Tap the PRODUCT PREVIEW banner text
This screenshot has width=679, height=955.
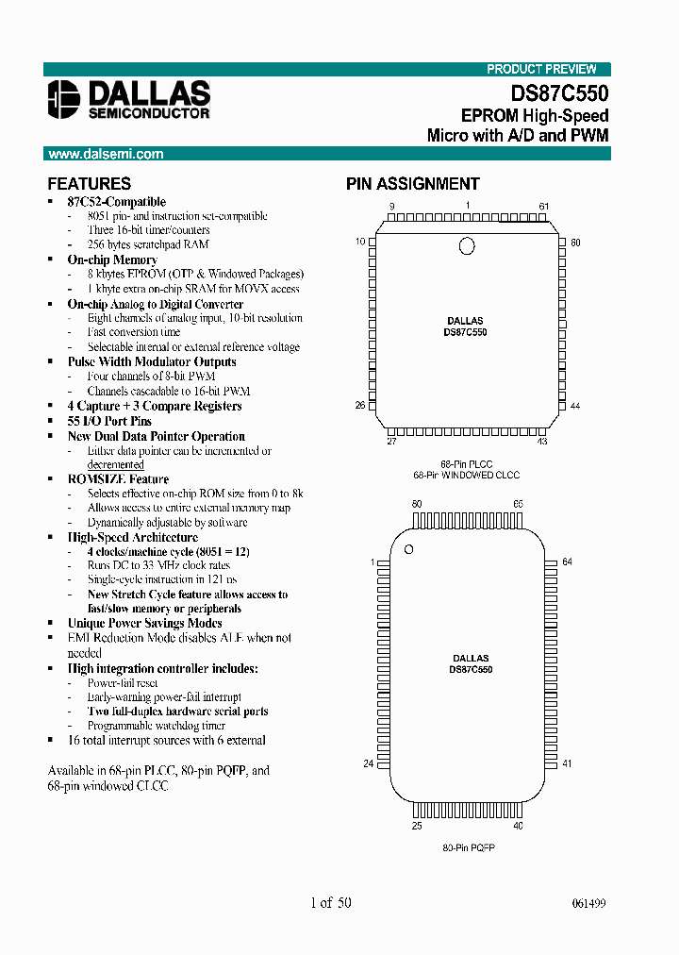[x=541, y=69]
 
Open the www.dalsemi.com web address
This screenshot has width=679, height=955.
[x=105, y=154]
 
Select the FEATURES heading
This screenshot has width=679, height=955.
[x=89, y=184]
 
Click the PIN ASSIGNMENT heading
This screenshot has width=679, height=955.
[x=412, y=184]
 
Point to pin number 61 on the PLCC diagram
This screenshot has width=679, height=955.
[x=543, y=206]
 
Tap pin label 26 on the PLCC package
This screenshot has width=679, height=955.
[x=359, y=407]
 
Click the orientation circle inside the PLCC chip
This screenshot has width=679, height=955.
[x=466, y=246]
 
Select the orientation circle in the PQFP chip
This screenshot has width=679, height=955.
[x=409, y=549]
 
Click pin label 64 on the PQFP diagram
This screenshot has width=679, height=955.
[x=567, y=562]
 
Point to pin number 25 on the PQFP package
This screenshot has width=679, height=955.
[x=417, y=827]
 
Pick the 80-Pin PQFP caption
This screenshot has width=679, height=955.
[x=469, y=848]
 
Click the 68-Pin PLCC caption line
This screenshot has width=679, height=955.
[x=467, y=463]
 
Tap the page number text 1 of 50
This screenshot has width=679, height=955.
[x=330, y=903]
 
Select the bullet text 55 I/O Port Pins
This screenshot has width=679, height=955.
[x=109, y=421]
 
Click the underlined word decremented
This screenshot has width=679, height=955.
[x=116, y=464]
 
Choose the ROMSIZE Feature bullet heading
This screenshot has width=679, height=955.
[x=118, y=479]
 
